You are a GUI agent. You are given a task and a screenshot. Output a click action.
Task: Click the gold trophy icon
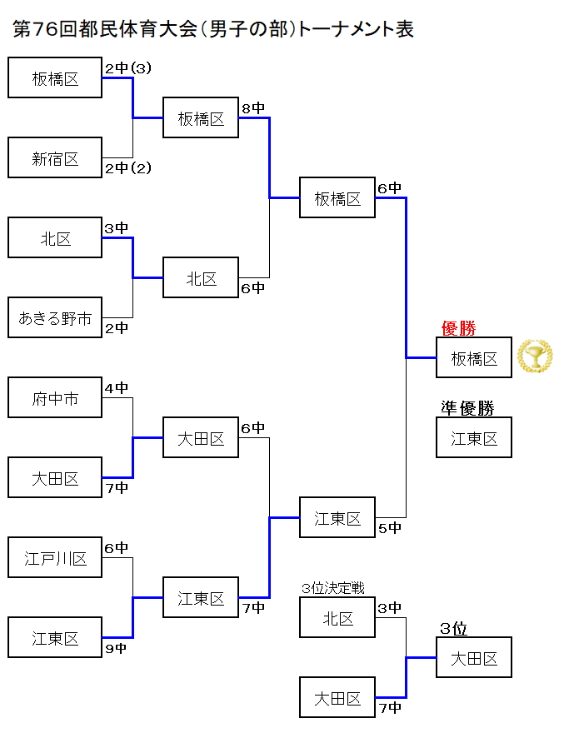coord(534,357)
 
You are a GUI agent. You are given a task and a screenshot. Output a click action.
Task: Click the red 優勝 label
coord(458,328)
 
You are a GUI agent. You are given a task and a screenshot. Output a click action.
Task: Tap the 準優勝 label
coord(467,408)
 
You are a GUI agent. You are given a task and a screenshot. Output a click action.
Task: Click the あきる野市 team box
coord(55,318)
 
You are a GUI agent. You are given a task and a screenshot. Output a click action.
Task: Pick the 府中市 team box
coord(55,398)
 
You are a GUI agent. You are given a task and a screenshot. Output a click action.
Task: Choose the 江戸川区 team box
coord(55,558)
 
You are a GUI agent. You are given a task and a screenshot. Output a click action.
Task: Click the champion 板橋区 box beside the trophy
coord(474,358)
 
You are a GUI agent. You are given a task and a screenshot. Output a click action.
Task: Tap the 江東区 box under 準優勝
coord(474,438)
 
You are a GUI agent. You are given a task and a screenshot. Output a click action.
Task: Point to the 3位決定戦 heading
coord(332,588)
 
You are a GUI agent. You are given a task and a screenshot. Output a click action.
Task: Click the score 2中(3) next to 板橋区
coord(128,68)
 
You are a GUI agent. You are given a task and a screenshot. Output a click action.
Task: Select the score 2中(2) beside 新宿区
coord(128,168)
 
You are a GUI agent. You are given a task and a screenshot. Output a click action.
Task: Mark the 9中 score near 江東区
coord(117,648)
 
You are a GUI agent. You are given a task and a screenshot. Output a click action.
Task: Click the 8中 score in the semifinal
coord(253,108)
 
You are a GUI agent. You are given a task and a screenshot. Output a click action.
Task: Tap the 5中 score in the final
coord(390,527)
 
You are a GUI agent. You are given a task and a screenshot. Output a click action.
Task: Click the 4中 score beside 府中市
coord(117,388)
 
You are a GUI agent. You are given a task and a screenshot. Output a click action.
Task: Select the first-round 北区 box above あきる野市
coord(55,238)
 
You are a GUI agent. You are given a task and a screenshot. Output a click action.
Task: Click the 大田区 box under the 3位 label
coord(474,658)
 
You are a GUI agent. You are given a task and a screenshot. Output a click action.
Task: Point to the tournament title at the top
coord(213,29)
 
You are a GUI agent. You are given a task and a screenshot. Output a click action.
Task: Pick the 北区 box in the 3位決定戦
coord(337,618)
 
